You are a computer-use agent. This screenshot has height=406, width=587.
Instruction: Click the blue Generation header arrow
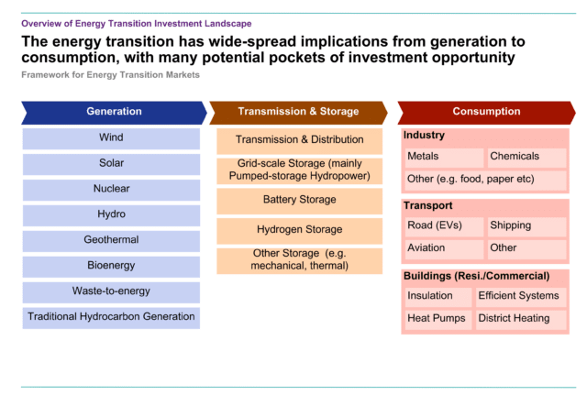[x=114, y=113]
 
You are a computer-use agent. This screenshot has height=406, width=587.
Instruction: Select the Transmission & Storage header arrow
[x=298, y=113]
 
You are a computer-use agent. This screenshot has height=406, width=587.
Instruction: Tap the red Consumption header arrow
[x=486, y=113]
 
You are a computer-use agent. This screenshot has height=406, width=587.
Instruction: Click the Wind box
[x=111, y=138]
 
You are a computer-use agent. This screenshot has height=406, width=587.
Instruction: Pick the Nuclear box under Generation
[x=111, y=190]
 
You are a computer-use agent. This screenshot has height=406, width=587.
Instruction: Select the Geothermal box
[x=111, y=241]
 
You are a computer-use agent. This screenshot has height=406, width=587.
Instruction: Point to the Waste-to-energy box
[x=111, y=292]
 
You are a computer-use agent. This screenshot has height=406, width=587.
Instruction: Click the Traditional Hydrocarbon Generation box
[x=111, y=318]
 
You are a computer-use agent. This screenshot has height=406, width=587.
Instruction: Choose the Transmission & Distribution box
[x=300, y=141]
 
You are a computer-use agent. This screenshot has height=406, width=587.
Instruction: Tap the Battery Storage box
[x=300, y=202]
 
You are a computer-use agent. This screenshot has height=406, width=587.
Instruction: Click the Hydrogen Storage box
[x=300, y=231]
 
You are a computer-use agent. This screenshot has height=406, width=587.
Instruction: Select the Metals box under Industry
[x=444, y=158]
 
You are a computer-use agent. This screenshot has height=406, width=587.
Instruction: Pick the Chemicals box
[x=527, y=158]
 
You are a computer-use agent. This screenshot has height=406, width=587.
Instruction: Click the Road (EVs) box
[x=444, y=226]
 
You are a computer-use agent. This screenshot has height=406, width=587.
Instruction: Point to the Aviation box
[x=444, y=249]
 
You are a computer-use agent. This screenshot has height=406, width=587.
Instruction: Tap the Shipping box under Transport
[x=527, y=226]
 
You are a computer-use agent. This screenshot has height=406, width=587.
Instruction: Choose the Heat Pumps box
[x=438, y=320]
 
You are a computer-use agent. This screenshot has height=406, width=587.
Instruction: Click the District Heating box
[x=521, y=320]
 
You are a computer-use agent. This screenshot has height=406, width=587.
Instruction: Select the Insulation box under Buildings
[x=438, y=297]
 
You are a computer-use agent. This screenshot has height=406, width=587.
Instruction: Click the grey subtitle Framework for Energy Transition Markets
[x=110, y=75]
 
